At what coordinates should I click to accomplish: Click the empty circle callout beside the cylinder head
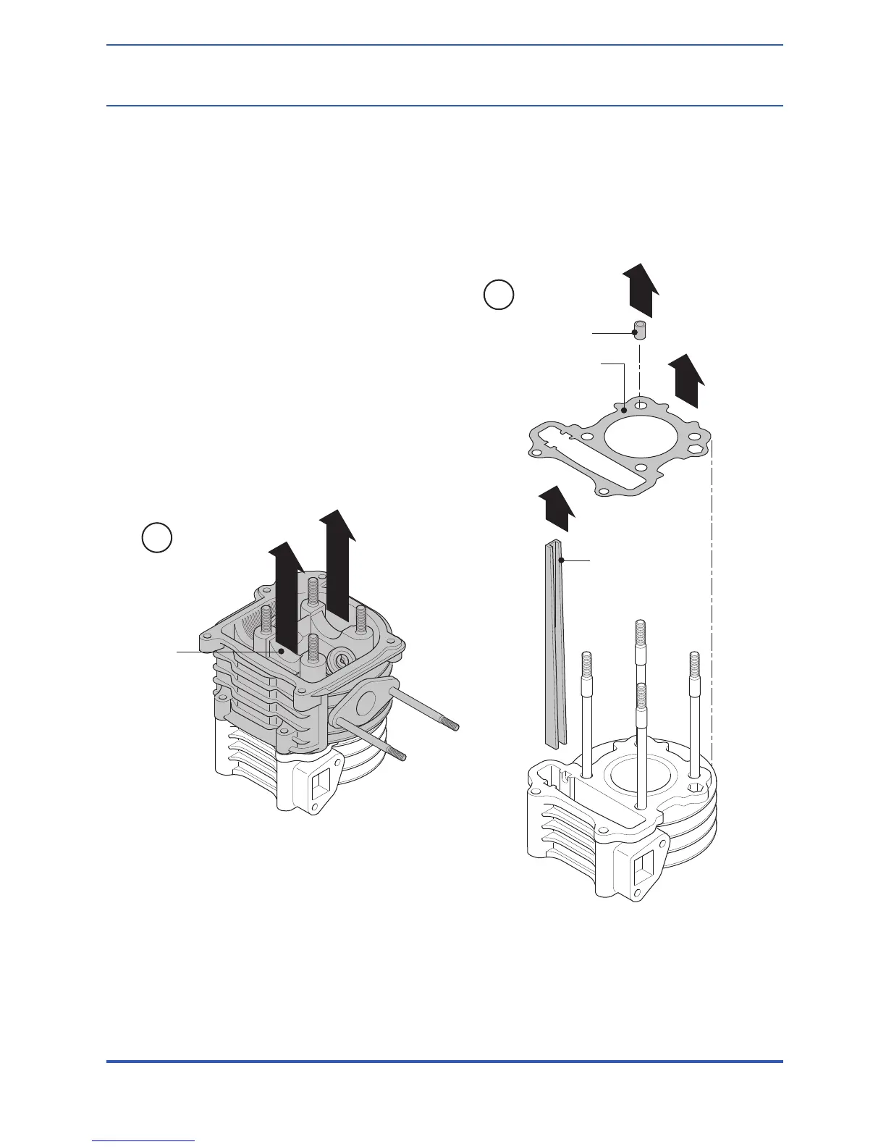click(x=156, y=539)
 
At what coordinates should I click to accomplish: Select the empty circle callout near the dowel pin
click(x=499, y=296)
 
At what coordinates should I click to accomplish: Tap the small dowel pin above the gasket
click(x=640, y=332)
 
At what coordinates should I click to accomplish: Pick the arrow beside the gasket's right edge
click(x=684, y=381)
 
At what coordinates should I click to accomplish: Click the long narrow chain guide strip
click(x=553, y=644)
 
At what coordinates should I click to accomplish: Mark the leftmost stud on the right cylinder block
click(x=587, y=713)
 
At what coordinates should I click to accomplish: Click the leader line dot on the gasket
click(x=624, y=411)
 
